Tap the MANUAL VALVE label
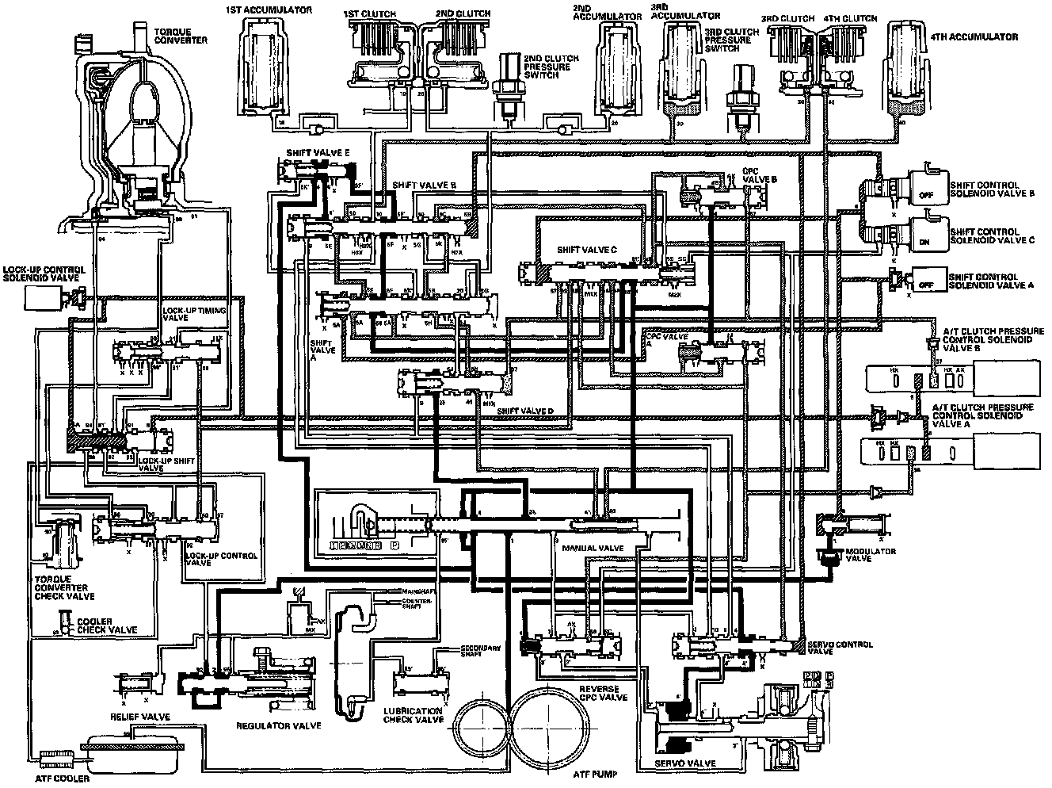pos(593,548)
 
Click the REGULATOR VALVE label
pos(267,725)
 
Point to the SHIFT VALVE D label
pos(528,410)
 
